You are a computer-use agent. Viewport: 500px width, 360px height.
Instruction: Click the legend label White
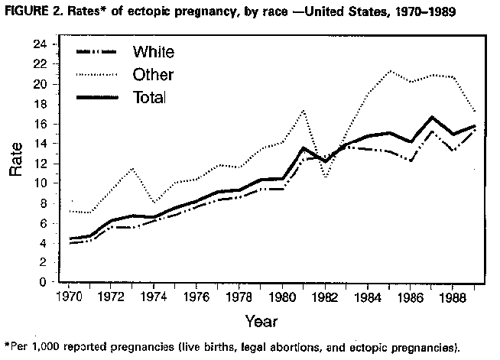pos(154,52)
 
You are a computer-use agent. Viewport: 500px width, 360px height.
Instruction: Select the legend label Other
pos(153,75)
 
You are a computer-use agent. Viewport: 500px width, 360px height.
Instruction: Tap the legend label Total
pos(150,98)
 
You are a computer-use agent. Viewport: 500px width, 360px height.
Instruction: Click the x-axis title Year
pos(261,320)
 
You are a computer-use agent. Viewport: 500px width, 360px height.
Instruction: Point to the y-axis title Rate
pos(15,161)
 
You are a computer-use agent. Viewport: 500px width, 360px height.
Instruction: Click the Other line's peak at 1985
pos(391,71)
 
